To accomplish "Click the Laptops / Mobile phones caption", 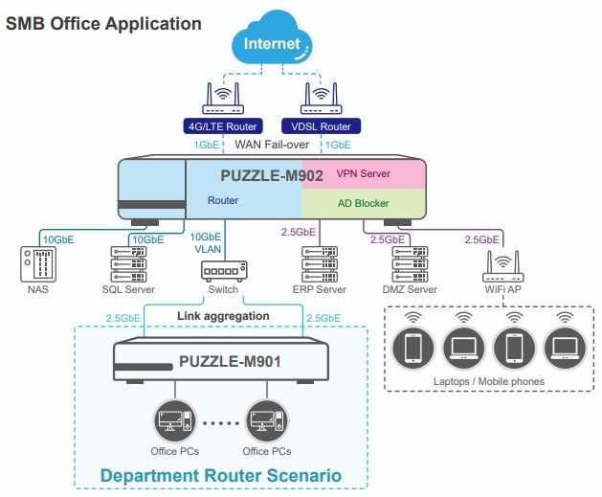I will pyautogui.click(x=489, y=382).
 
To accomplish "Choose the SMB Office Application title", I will pyautogui.click(x=104, y=21).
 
